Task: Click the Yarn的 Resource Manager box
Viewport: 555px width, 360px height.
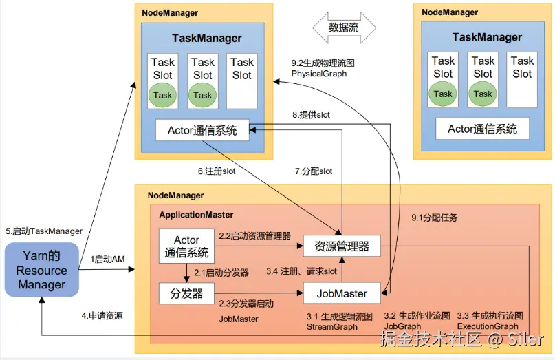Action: [42, 270]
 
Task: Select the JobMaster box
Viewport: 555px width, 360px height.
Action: [342, 293]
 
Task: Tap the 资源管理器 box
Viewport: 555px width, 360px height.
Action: [342, 246]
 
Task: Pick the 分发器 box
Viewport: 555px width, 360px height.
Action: [186, 293]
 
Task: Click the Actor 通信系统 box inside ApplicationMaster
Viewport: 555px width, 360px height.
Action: [186, 246]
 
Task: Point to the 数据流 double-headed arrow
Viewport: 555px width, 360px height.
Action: [344, 28]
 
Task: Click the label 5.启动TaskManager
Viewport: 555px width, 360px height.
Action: [44, 231]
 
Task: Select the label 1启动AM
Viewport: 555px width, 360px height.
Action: [107, 260]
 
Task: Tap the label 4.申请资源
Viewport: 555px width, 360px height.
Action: [102, 316]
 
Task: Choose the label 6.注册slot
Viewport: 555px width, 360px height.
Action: [217, 171]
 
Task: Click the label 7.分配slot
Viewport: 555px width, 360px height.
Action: [314, 171]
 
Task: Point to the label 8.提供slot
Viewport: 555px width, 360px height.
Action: [311, 115]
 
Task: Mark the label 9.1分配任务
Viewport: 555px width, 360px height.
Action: [434, 218]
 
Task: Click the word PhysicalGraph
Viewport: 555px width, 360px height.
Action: [319, 74]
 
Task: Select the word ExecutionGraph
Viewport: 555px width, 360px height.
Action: [488, 326]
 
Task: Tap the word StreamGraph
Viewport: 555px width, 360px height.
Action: [332, 327]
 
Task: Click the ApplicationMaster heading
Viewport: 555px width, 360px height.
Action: [196, 215]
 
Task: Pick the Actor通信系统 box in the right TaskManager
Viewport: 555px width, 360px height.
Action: [482, 129]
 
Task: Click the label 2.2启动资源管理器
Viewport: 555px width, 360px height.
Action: [255, 236]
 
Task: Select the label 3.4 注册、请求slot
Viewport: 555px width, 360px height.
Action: [301, 272]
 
